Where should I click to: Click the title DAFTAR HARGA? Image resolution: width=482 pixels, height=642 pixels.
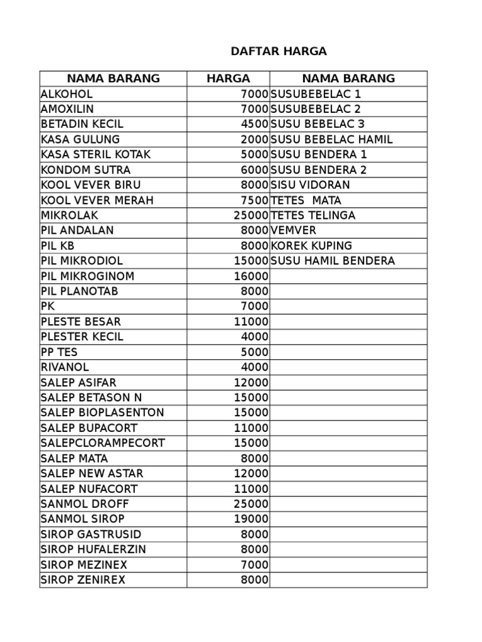pyautogui.click(x=279, y=51)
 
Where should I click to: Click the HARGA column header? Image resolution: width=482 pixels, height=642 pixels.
pyautogui.click(x=228, y=78)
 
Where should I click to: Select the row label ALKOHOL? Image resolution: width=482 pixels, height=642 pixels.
pyautogui.click(x=67, y=94)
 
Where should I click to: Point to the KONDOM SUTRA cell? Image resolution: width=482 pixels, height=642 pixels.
pyautogui.click(x=85, y=170)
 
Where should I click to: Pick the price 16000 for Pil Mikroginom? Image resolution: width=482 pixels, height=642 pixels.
pyautogui.click(x=251, y=276)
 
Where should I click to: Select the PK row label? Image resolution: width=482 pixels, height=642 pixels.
pyautogui.click(x=48, y=307)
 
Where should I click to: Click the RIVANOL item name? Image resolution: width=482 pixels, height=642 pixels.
pyautogui.click(x=65, y=367)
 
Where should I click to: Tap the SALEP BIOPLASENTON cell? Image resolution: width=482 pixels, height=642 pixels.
pyautogui.click(x=102, y=413)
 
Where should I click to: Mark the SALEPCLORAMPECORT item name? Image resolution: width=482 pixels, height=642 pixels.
pyautogui.click(x=103, y=443)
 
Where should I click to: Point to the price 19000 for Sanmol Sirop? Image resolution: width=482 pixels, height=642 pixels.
pyautogui.click(x=251, y=519)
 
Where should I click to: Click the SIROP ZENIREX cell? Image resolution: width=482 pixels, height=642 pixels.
pyautogui.click(x=83, y=580)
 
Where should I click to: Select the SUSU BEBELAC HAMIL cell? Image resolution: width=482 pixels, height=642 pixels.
pyautogui.click(x=331, y=140)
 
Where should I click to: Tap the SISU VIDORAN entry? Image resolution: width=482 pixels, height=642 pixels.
pyautogui.click(x=310, y=185)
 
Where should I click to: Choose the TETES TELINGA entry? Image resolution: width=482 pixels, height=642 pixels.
pyautogui.click(x=313, y=216)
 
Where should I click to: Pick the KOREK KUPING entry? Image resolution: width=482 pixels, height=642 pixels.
pyautogui.click(x=311, y=246)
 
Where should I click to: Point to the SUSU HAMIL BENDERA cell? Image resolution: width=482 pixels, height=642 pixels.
pyautogui.click(x=333, y=261)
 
